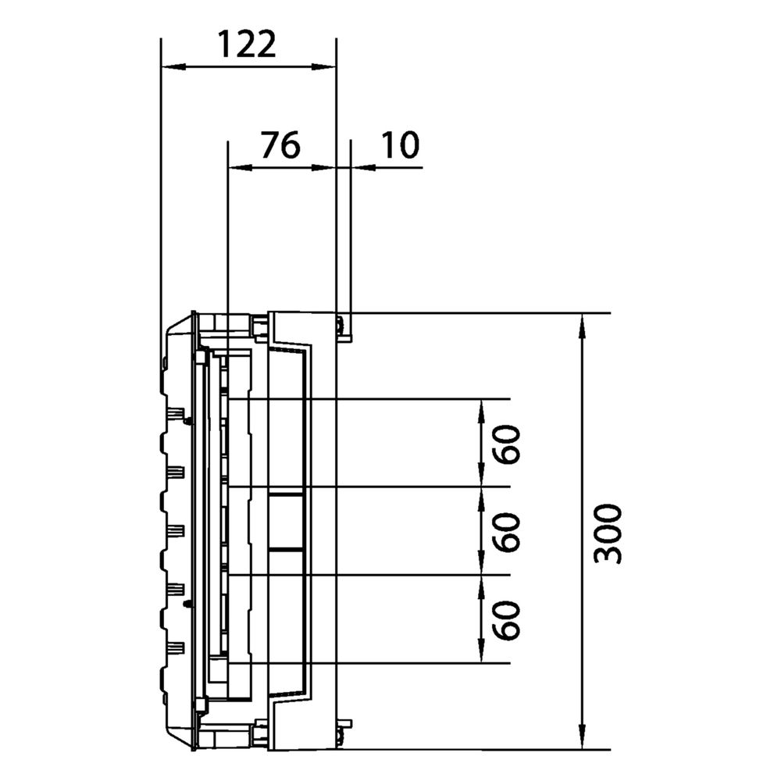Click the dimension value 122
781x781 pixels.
pos(247,44)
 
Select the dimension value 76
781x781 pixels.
pos(281,145)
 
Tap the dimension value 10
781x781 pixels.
pos(400,145)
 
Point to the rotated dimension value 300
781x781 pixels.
pos(608,533)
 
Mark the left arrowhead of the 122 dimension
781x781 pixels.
pos(173,66)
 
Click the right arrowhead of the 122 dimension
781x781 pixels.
pos(324,66)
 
